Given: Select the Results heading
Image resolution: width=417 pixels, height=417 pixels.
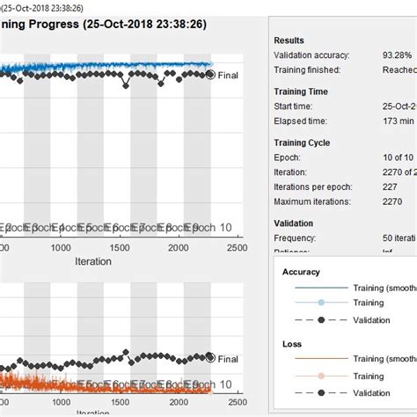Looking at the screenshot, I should pyautogui.click(x=289, y=40).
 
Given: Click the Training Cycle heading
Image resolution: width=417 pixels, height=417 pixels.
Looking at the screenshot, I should pyautogui.click(x=305, y=142).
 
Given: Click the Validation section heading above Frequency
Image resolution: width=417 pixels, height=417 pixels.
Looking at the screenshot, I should pyautogui.click(x=294, y=223).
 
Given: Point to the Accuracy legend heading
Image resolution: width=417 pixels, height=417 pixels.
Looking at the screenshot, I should pyautogui.click(x=301, y=272).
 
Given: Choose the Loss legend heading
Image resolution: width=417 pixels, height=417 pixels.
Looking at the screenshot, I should pyautogui.click(x=291, y=345).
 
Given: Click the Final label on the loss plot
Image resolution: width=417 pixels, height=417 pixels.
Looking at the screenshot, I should pyautogui.click(x=228, y=359).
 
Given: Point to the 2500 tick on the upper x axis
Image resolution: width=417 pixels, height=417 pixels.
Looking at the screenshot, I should pyautogui.click(x=236, y=249).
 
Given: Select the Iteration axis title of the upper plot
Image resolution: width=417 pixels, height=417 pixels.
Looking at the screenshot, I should pyautogui.click(x=92, y=261).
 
